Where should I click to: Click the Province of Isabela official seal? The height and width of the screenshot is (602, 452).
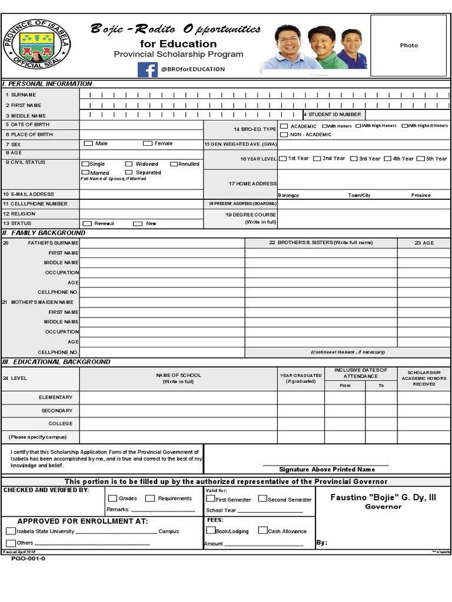[x=36, y=45]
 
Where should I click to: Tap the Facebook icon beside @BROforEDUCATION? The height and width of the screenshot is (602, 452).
[x=147, y=69]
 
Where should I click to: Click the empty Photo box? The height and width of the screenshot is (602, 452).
[x=408, y=45]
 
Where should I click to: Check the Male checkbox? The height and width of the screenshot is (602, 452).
[x=88, y=143]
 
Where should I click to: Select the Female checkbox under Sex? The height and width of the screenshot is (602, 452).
[x=147, y=143]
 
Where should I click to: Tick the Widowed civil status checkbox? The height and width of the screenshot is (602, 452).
[x=129, y=164]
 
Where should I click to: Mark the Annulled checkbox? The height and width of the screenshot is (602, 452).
[x=174, y=164]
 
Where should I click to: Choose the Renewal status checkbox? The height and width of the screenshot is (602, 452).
[x=88, y=223]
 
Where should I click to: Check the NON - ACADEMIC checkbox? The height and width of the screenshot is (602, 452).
[x=284, y=135]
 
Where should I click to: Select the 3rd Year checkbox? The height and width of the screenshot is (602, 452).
[x=354, y=159]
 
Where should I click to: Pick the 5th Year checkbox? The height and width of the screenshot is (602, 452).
[x=421, y=159]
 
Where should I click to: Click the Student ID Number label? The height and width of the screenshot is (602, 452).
[x=333, y=115]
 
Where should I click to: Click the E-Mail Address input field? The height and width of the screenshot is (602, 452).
[x=141, y=194]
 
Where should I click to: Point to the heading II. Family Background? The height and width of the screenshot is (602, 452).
[x=44, y=233]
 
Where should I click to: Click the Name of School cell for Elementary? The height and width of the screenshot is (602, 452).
[x=178, y=397]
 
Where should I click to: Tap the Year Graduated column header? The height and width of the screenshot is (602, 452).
[x=301, y=378]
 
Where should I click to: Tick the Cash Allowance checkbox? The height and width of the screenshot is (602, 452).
[x=262, y=530]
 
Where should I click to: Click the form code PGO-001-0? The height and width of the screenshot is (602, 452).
[x=28, y=558]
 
